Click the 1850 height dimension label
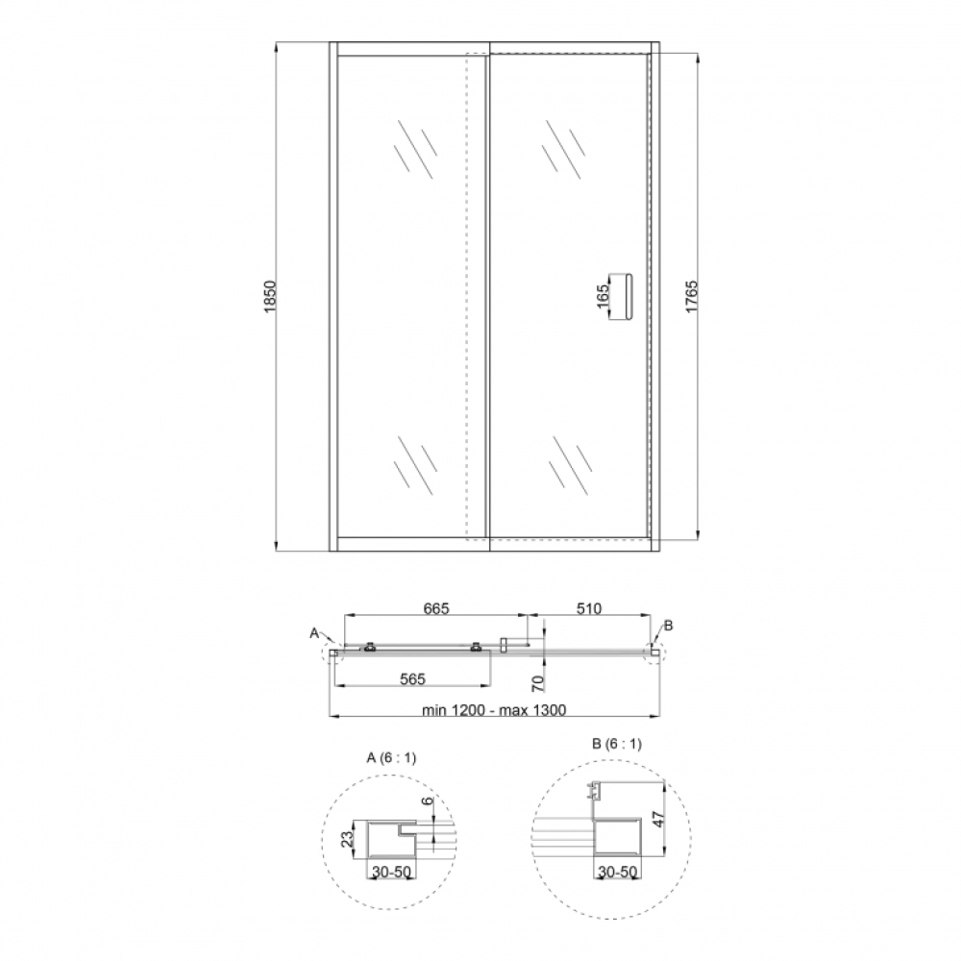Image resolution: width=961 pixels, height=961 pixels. tap(270, 297)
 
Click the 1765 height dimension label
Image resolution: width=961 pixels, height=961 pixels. tap(691, 297)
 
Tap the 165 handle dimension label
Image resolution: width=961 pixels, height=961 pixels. tap(603, 296)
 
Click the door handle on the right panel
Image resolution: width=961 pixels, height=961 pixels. tap(626, 296)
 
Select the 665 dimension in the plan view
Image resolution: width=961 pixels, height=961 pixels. tap(436, 608)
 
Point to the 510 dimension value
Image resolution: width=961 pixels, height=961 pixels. tap(588, 608)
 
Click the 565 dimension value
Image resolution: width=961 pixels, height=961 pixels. tap(412, 678)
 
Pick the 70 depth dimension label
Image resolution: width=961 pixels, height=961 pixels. tap(537, 683)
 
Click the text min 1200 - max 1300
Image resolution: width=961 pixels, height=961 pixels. tap(494, 710)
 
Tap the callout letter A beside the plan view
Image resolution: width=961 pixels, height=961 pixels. tap(314, 632)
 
